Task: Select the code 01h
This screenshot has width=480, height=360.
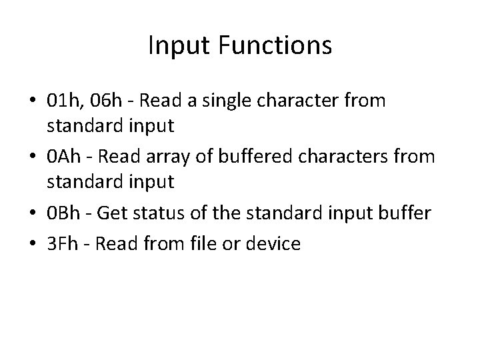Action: tap(65, 101)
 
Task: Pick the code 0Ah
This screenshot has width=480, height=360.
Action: tap(65, 158)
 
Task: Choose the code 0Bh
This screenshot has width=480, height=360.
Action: tap(65, 214)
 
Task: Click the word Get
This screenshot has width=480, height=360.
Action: tap(123, 214)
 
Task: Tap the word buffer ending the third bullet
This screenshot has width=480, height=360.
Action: tap(403, 214)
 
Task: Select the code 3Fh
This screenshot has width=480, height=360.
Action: tap(63, 243)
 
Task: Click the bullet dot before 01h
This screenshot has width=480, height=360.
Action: tap(34, 102)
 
